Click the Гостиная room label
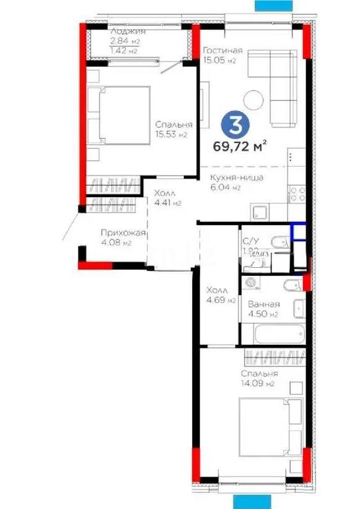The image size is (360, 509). (x=222, y=51)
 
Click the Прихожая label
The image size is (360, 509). (x=123, y=233)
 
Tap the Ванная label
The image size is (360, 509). (x=264, y=304)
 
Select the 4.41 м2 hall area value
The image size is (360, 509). (x=167, y=202)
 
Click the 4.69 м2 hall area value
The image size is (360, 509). (x=222, y=301)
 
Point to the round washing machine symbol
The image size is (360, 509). (x=250, y=283)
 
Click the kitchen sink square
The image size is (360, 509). (x=260, y=212)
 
